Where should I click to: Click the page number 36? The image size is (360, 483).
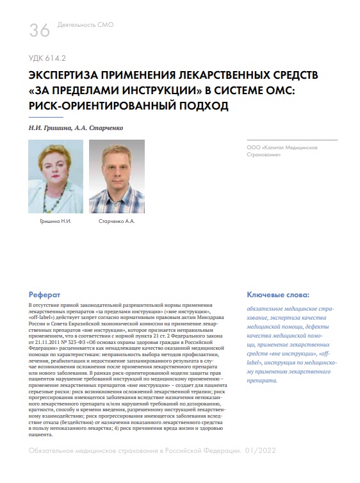(39, 29)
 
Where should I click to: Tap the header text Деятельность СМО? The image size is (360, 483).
(85, 25)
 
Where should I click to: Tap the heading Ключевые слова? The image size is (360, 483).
(277, 295)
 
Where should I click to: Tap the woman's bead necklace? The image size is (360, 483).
(56, 199)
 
